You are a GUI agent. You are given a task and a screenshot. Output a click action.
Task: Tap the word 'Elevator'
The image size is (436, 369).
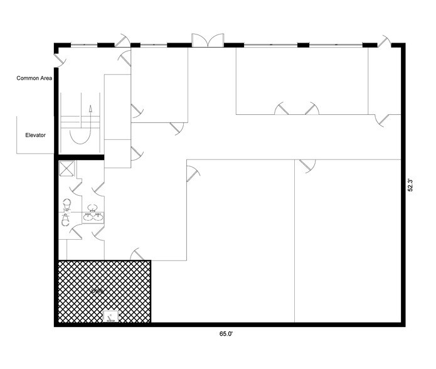pyautogui.click(x=35, y=135)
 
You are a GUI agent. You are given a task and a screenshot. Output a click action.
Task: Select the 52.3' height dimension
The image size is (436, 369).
pyautogui.click(x=410, y=186)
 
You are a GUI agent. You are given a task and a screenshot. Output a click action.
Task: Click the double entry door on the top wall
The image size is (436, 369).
pyautogui.click(x=207, y=40)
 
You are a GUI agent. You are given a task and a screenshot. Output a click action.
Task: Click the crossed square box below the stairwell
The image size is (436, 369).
pyautogui.click(x=66, y=168)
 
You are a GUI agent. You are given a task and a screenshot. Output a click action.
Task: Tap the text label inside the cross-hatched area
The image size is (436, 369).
pyautogui.click(x=97, y=292)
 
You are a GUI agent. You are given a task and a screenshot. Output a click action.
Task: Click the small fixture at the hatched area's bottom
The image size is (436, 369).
pyautogui.click(x=111, y=317)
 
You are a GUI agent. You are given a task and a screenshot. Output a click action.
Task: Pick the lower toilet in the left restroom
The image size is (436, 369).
pyautogui.click(x=65, y=220)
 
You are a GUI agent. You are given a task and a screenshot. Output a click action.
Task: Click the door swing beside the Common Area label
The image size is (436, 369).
pyautogui.click(x=59, y=60)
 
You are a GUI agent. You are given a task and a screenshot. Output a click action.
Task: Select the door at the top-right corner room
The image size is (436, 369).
pyautogui.click(x=383, y=119)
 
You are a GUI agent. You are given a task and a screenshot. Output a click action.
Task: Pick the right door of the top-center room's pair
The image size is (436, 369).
pyautogui.click(x=311, y=109)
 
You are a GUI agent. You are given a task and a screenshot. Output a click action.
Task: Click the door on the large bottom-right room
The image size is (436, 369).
pyautogui.click(x=307, y=165)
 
